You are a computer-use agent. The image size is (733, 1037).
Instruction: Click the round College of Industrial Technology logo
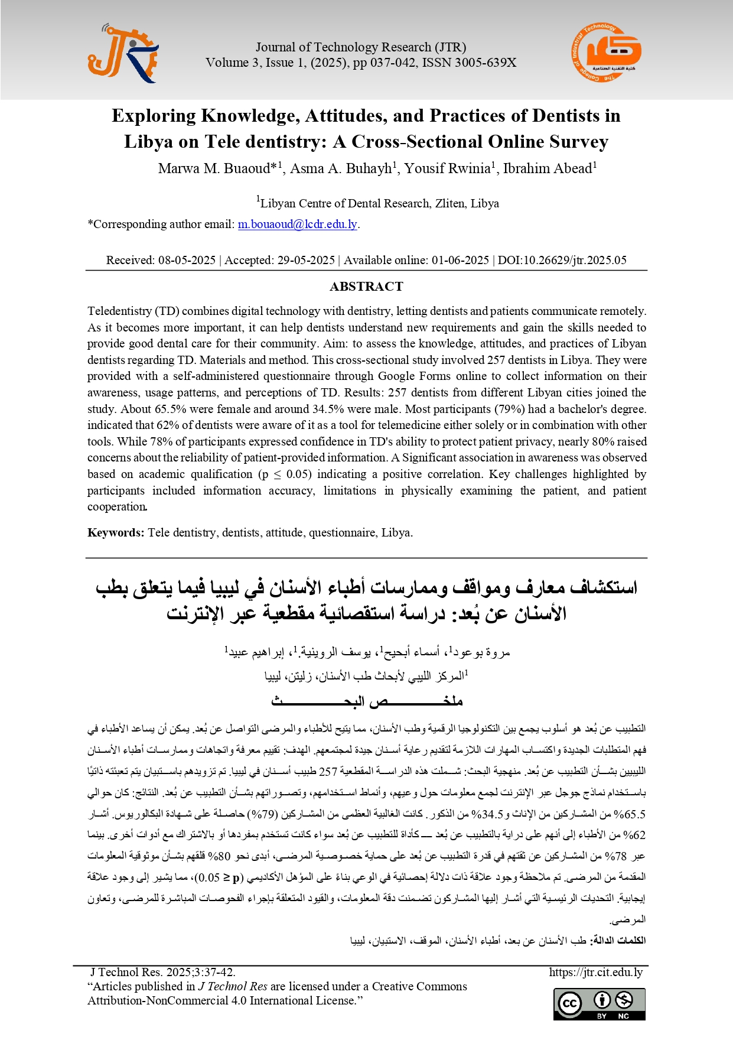coord(606,53)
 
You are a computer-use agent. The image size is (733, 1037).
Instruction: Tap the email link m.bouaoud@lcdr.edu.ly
coord(298,225)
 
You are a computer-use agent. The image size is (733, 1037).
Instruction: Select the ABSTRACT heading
coord(366,287)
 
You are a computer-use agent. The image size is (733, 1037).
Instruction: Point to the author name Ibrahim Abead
coord(547,169)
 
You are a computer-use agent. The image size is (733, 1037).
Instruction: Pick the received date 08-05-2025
coord(187,261)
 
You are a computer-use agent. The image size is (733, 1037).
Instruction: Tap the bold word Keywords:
coord(116,533)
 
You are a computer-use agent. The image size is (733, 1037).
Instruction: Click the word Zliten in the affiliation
coord(451,204)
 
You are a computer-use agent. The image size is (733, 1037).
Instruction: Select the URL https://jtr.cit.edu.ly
coord(595,973)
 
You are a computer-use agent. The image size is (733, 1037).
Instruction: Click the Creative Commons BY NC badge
coord(599,1004)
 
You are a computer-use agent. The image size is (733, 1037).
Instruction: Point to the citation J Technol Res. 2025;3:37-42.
coord(162,973)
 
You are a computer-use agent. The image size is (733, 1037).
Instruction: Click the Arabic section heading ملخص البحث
coord(366,702)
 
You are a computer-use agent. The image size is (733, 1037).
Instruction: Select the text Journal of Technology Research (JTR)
coord(360,47)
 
